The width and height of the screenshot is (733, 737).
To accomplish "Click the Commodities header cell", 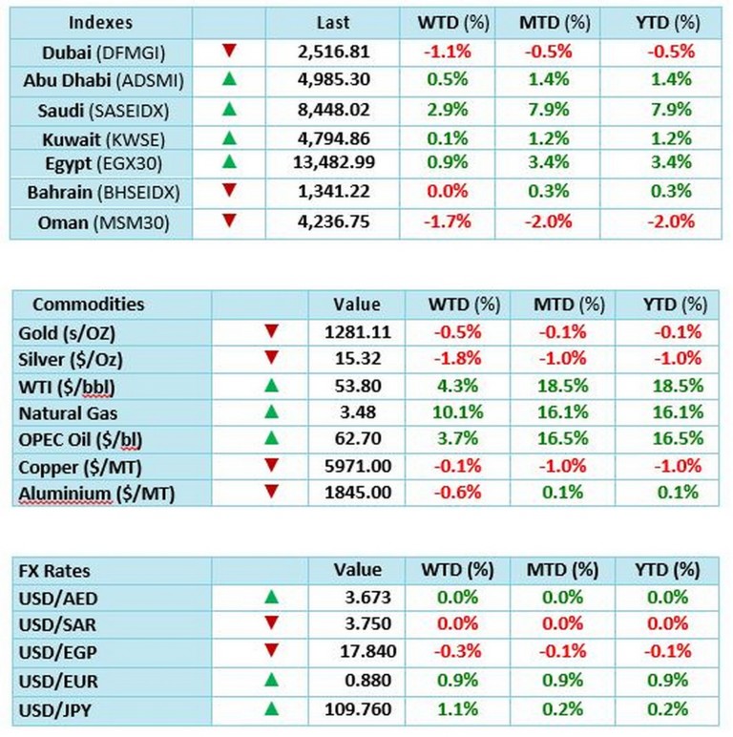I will pos(89,305).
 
